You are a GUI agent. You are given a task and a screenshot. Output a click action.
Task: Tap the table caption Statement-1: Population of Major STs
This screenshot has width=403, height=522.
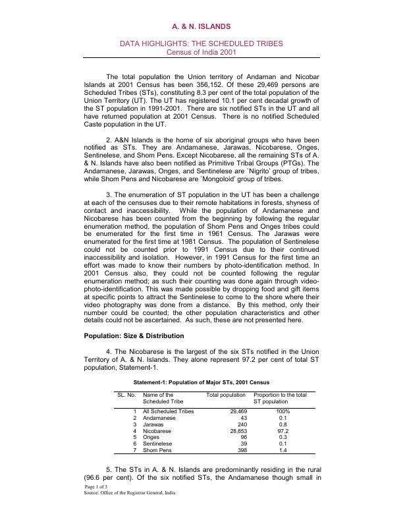[201, 382]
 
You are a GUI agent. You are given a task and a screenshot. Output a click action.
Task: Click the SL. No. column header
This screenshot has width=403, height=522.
[126, 395]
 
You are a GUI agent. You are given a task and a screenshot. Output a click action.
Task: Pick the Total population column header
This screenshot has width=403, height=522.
[226, 395]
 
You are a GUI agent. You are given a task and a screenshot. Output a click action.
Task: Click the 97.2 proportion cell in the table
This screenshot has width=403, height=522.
[283, 430]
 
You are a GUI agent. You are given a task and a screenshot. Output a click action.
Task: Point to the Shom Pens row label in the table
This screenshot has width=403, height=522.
[157, 450]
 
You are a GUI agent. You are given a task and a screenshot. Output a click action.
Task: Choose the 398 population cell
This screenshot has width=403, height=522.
[240, 450]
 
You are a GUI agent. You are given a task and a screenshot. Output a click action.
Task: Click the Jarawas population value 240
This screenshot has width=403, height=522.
[240, 424]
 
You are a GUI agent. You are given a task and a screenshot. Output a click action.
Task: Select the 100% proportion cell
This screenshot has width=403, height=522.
[283, 411]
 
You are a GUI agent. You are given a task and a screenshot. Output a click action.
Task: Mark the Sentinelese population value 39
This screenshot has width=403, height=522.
[242, 444]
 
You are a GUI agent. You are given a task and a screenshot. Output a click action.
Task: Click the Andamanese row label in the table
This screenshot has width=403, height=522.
[159, 418]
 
